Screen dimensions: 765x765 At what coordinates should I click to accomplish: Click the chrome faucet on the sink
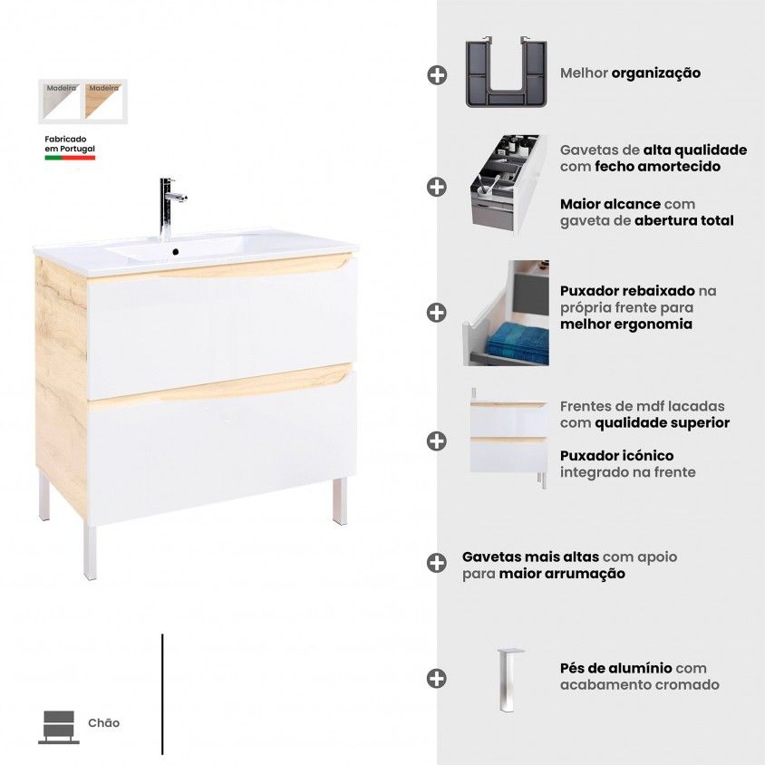click(168, 208)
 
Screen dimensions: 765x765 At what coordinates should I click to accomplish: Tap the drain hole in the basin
click(176, 252)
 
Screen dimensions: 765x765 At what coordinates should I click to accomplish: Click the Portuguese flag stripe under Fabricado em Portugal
click(70, 158)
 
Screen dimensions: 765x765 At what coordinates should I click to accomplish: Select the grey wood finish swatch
click(62, 101)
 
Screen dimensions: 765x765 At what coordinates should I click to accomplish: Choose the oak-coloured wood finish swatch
click(103, 101)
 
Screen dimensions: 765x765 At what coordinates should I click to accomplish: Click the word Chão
click(103, 723)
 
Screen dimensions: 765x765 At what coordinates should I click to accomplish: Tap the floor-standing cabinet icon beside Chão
click(59, 727)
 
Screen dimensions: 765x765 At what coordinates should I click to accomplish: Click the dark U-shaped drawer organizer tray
click(507, 73)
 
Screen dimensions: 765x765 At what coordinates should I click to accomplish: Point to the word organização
click(655, 73)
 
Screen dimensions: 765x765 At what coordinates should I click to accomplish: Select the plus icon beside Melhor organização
click(437, 75)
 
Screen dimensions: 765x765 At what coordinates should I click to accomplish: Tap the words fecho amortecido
click(657, 167)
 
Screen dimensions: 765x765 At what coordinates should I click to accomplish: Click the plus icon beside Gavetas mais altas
click(436, 563)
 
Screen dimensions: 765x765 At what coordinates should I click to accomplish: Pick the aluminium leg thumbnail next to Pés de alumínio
click(509, 680)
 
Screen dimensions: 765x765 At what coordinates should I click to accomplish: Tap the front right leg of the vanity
click(340, 500)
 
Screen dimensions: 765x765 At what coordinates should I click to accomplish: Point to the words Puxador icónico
click(616, 456)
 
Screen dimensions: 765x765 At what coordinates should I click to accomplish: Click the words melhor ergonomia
click(626, 324)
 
